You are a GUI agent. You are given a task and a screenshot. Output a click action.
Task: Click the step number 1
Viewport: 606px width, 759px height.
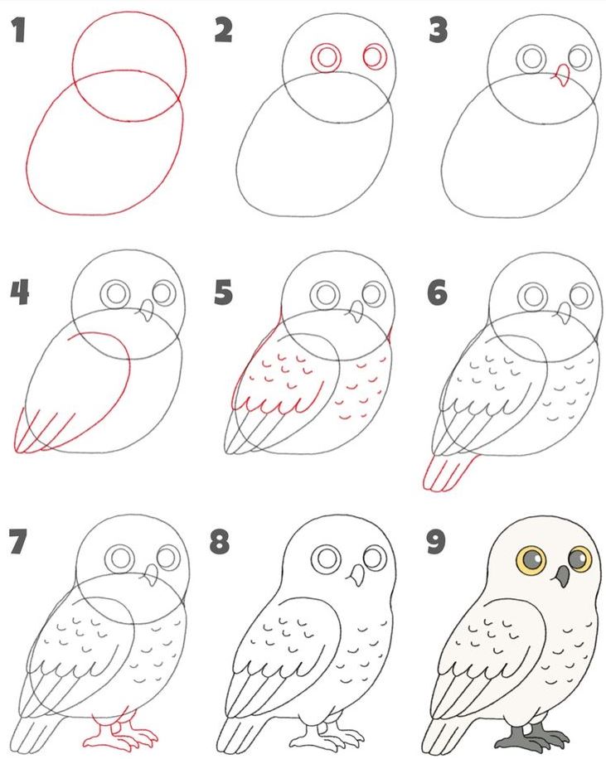coord(19,31)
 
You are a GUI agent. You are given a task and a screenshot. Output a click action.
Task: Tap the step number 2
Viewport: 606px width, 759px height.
coord(223,31)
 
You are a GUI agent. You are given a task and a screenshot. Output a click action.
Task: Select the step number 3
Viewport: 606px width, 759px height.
coord(438,31)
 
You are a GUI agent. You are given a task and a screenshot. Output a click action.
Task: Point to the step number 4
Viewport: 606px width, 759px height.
coord(20,292)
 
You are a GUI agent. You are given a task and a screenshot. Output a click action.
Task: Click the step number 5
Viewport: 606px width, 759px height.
coord(223,292)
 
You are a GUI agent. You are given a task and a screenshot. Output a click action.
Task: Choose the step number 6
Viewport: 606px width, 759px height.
coord(437,292)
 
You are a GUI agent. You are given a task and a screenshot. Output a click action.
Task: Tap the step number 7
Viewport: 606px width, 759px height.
coord(18,542)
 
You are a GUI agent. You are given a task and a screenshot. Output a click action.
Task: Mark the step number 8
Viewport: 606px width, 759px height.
coord(220,542)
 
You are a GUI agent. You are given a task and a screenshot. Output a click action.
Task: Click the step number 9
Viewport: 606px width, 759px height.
coord(436,542)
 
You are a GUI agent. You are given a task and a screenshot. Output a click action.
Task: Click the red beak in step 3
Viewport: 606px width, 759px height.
coord(561,75)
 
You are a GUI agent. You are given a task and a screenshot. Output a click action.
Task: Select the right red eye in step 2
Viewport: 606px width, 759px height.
coord(375,56)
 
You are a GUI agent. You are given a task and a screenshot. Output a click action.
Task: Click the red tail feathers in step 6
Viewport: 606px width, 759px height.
coord(448,473)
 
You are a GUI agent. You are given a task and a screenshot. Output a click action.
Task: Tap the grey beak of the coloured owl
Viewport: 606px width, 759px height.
coord(562,577)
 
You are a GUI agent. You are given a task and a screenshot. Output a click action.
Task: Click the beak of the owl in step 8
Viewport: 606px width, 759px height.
coord(358,575)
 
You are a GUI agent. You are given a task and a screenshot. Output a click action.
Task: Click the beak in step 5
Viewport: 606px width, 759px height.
coord(356,312)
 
